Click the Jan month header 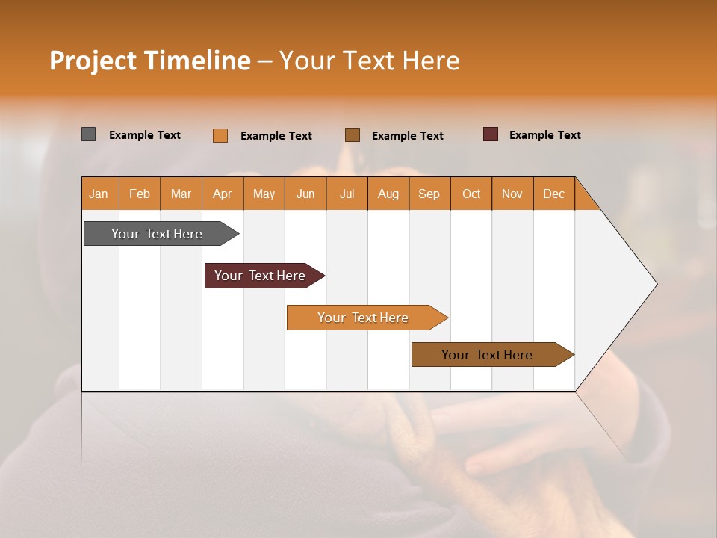[99, 194]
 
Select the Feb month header [140, 194]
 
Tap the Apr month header [222, 194]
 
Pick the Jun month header [305, 194]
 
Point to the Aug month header [388, 194]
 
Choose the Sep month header [429, 194]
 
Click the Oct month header [471, 194]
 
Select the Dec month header [553, 194]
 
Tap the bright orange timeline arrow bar [364, 318]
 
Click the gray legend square [89, 134]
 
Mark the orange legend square [220, 135]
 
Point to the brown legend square [353, 135]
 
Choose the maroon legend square [490, 134]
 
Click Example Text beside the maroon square [544, 134]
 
